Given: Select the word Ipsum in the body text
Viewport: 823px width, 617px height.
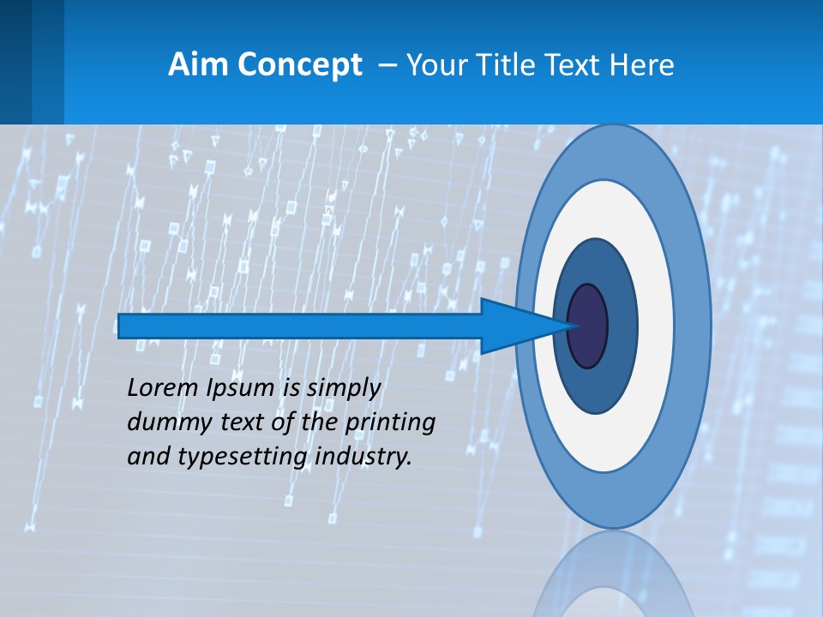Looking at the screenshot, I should pyautogui.click(x=239, y=389).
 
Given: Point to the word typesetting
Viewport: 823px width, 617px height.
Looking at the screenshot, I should pyautogui.click(x=243, y=458).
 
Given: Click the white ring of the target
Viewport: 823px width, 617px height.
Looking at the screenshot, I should pyautogui.click(x=655, y=326).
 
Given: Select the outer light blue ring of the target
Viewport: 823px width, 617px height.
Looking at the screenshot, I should pyautogui.click(x=696, y=326).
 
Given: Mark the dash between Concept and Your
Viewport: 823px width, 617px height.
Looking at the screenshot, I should pyautogui.click(x=387, y=65).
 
